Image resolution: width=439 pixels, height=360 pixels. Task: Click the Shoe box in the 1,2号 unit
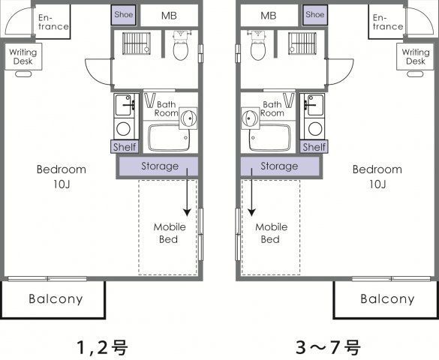[124, 15]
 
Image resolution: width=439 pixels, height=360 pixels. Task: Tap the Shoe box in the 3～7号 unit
[315, 15]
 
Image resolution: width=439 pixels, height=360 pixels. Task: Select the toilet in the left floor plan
[181, 46]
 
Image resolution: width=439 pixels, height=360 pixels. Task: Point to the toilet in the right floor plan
[258, 46]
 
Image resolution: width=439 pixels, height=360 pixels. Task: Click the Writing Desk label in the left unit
[23, 56]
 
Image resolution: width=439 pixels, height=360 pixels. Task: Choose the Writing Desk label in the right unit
[416, 56]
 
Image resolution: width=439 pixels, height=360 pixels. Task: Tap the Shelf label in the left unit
[125, 147]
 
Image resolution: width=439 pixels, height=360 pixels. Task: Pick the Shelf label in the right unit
[314, 147]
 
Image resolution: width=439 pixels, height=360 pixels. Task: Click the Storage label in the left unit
[160, 166]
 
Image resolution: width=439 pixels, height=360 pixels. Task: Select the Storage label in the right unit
[279, 166]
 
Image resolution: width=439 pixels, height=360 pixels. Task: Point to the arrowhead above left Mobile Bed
[187, 212]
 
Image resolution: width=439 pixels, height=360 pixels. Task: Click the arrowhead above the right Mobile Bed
[251, 212]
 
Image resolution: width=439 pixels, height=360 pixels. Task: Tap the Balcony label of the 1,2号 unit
[56, 299]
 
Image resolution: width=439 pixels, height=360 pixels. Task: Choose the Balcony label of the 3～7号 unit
[387, 299]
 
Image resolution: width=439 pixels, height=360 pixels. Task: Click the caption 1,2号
[103, 347]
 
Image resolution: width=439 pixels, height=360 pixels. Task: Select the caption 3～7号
[328, 347]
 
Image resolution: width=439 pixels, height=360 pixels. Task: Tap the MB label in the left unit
[169, 16]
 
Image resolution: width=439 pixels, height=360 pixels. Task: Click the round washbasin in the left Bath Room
[188, 118]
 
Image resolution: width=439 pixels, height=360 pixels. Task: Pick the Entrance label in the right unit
[388, 22]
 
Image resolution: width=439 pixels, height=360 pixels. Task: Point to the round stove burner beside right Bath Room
[315, 129]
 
